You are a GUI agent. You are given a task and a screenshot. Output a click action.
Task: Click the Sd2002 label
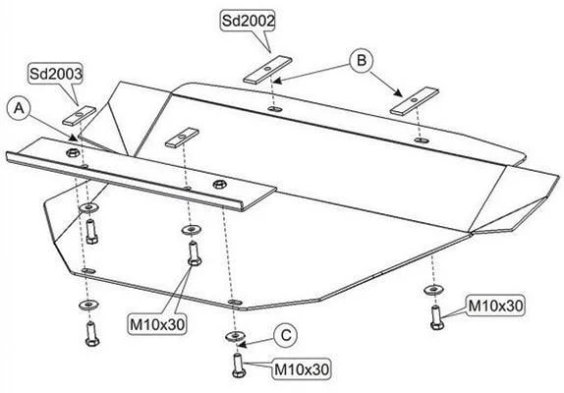pyautogui.click(x=248, y=21)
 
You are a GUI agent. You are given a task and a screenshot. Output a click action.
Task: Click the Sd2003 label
pyautogui.click(x=56, y=74)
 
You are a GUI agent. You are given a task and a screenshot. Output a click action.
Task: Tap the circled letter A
pyautogui.click(x=19, y=107)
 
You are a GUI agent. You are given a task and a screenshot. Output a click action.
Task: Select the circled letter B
pyautogui.click(x=362, y=60)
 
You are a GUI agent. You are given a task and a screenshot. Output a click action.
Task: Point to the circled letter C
pyautogui.click(x=286, y=335)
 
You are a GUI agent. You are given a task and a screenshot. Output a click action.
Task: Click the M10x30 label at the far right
pyautogui.click(x=495, y=306)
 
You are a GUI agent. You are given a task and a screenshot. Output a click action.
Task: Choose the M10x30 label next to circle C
pyautogui.click(x=302, y=369)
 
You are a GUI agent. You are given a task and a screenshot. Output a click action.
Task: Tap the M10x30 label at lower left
pyautogui.click(x=157, y=324)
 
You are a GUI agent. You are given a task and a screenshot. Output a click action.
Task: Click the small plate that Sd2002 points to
pyautogui.click(x=266, y=70)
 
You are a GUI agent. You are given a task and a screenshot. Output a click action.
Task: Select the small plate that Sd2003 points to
pyautogui.click(x=80, y=115)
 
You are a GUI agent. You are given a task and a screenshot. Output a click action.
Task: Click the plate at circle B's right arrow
pyautogui.click(x=415, y=101)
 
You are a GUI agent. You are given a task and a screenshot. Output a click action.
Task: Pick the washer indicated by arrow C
pyautogui.click(x=235, y=336)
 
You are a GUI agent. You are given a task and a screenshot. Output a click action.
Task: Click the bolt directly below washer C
pyautogui.click(x=239, y=365)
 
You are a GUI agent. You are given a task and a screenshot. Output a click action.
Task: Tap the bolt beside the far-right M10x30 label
pyautogui.click(x=436, y=317)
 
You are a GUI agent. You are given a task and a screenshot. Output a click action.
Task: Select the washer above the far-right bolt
pyautogui.click(x=433, y=289)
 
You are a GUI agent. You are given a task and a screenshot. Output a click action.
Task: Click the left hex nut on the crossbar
pyautogui.click(x=73, y=152)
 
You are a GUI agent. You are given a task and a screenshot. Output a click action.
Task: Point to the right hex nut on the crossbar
pyautogui.click(x=219, y=185)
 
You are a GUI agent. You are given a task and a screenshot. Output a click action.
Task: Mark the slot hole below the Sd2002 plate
pyautogui.click(x=275, y=108)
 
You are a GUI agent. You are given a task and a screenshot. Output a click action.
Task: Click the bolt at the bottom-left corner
pyautogui.click(x=92, y=334)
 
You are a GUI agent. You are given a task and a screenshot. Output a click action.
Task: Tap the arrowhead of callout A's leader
pyautogui.click(x=74, y=138)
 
